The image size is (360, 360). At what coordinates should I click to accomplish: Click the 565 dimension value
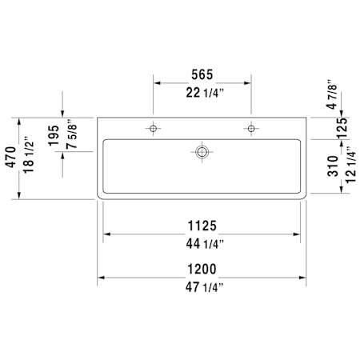202,74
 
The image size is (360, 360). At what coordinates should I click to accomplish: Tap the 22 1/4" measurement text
205,93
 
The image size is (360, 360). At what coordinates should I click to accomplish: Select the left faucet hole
153,129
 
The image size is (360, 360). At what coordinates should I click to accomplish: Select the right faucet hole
251,129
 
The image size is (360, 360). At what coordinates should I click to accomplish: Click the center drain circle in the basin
202,152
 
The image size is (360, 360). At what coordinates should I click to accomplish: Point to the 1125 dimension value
202,226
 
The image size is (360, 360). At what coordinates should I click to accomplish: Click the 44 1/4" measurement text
205,244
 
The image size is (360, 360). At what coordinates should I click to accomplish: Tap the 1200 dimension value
202,269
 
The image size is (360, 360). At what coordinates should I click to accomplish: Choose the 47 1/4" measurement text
205,287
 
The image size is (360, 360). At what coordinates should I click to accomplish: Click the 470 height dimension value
11,157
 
